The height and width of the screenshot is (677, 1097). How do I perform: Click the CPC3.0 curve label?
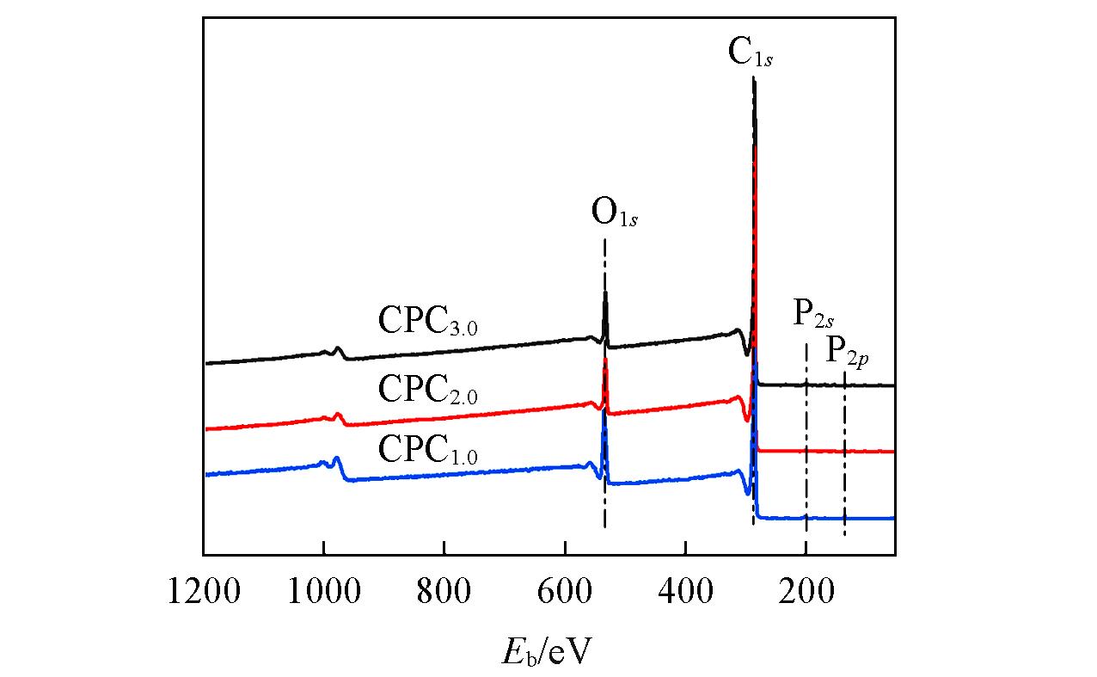[x=426, y=322]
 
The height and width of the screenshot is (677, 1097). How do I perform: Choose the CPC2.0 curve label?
[x=426, y=390]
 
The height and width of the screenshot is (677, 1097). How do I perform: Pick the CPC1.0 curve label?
[x=426, y=449]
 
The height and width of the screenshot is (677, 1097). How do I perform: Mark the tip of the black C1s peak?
[x=754, y=79]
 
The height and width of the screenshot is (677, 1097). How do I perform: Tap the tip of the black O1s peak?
[x=606, y=293]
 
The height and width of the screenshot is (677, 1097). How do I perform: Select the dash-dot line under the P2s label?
[x=806, y=430]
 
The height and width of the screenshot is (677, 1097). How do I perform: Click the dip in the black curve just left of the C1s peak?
[x=746, y=354]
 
